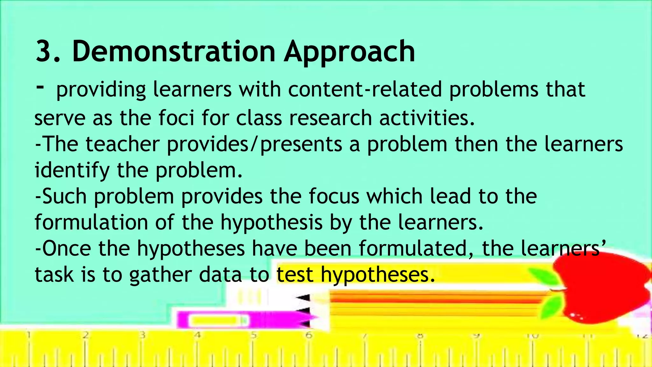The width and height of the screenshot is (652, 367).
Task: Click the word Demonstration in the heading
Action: point(174,52)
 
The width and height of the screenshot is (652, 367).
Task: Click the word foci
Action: point(176,118)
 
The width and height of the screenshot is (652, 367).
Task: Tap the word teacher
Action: point(122,144)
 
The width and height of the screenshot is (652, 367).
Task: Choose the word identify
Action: point(72,171)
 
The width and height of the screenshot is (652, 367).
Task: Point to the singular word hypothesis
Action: point(272,223)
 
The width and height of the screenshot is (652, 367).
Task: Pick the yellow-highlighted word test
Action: point(294,275)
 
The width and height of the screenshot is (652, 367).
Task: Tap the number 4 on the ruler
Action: point(198,335)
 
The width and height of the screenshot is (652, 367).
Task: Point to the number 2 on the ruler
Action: point(85,335)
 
